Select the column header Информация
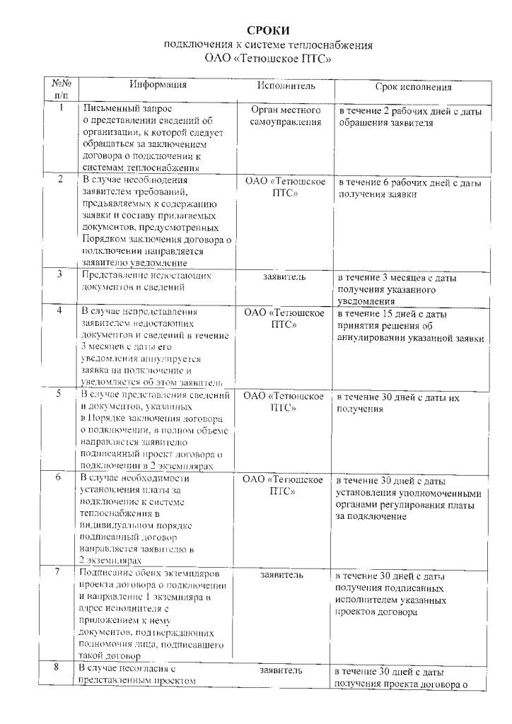(x=158, y=85)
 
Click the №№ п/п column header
(x=62, y=88)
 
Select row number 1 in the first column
(x=62, y=108)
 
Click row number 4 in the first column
(x=62, y=310)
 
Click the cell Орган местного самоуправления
(x=286, y=116)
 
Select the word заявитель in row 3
(x=284, y=276)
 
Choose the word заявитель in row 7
(x=282, y=576)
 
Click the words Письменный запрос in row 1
(x=127, y=109)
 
